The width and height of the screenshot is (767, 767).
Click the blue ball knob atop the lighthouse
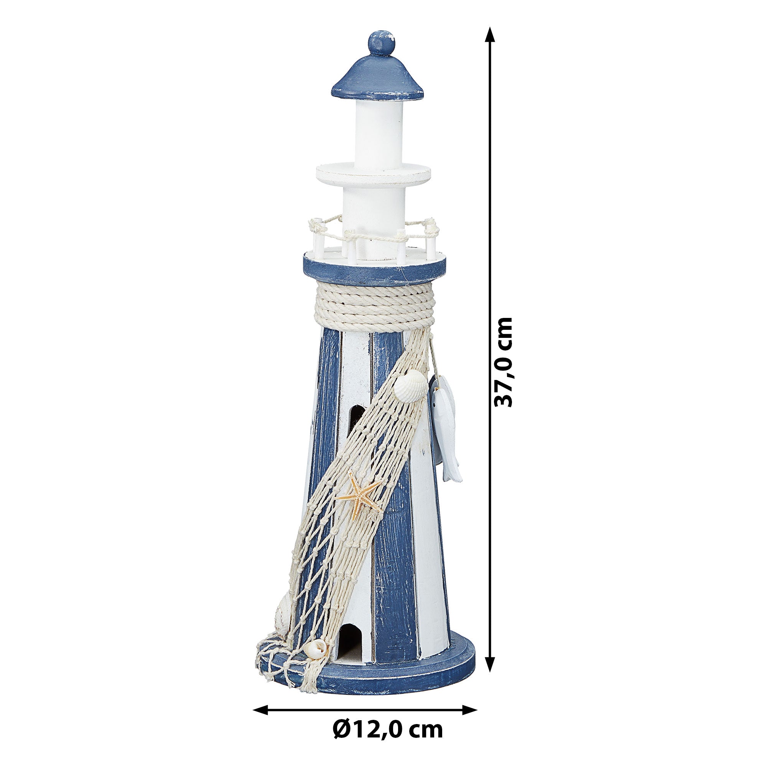(382, 43)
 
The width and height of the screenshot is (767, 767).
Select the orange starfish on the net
(359, 495)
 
